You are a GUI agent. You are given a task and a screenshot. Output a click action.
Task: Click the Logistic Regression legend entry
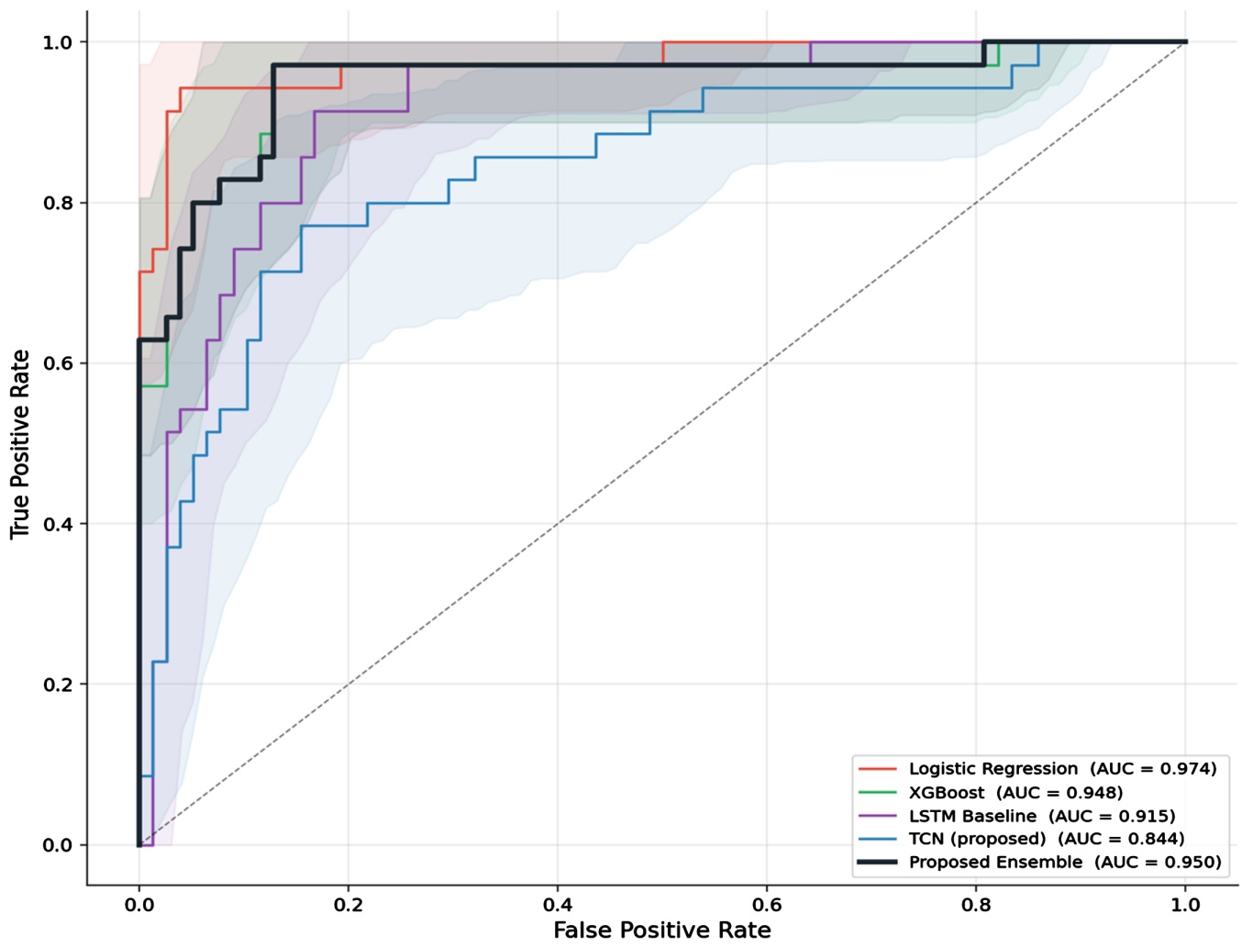click(1037, 769)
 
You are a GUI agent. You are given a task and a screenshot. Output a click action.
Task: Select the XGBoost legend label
click(991, 793)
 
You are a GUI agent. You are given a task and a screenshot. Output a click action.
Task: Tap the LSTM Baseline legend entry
click(1016, 817)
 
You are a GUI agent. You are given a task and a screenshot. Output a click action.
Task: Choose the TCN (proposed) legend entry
click(1021, 839)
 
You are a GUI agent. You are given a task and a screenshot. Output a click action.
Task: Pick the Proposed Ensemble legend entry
click(1039, 862)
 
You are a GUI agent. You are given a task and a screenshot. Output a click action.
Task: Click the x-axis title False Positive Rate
click(662, 930)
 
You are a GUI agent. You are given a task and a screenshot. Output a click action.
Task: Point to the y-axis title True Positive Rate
click(20, 444)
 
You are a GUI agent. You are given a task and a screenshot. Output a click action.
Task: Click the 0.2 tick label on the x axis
click(348, 905)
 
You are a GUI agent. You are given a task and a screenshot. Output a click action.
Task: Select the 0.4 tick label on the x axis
click(558, 905)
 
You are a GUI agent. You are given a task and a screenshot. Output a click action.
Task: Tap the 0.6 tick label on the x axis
click(767, 905)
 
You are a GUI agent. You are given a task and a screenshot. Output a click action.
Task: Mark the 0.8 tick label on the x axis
click(976, 905)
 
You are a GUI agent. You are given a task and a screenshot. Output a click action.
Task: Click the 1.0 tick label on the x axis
click(1185, 905)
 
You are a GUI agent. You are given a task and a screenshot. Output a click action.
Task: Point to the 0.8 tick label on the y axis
click(58, 203)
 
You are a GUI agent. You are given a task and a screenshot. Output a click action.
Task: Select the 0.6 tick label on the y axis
click(58, 362)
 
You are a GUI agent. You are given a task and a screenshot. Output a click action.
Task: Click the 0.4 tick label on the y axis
click(58, 524)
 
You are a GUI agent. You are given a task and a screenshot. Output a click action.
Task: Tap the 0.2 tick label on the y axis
click(58, 685)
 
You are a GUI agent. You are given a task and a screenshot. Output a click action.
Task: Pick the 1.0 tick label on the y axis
click(58, 42)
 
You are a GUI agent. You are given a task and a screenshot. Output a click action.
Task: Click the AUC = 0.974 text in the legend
click(1153, 769)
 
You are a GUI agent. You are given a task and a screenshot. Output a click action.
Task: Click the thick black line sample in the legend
click(877, 862)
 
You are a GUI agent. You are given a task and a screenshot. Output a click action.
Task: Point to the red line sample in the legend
click(877, 769)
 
